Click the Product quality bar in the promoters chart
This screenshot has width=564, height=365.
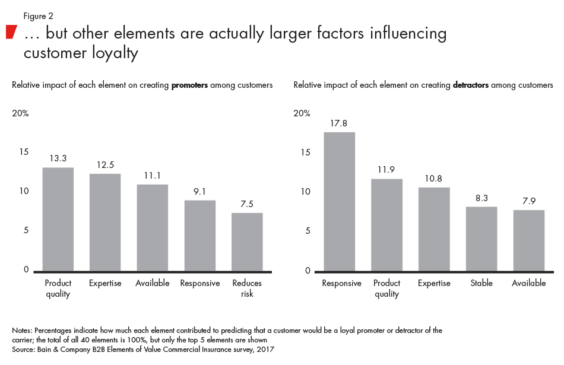(58, 220)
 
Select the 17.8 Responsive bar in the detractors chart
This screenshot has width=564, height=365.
(339, 202)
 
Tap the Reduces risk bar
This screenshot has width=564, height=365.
(247, 242)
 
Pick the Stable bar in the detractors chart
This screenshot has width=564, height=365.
(481, 239)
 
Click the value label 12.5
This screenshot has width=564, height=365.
(105, 165)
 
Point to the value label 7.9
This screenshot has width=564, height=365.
(529, 201)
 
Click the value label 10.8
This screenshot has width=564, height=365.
(434, 179)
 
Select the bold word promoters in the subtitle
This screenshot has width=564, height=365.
(189, 85)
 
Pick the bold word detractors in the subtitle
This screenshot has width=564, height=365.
(470, 85)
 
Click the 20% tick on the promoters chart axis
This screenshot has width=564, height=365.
(20, 113)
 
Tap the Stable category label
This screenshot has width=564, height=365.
(481, 283)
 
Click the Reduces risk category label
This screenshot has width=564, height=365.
(247, 288)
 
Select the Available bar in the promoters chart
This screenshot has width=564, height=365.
(153, 228)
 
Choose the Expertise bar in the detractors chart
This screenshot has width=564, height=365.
(434, 229)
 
